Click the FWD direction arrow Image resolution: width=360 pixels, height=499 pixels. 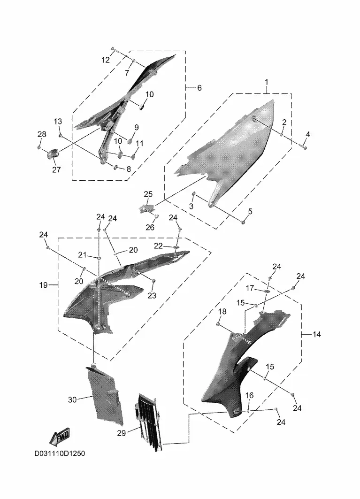60,436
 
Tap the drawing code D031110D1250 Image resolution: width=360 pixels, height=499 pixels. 60,453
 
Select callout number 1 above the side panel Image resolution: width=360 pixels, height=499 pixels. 267,82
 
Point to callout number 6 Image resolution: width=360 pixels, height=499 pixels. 199,87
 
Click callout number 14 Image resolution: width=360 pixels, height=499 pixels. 317,335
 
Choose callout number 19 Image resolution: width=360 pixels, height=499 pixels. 43,285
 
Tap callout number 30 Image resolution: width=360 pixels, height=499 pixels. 72,399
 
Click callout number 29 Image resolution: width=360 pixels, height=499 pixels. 122,433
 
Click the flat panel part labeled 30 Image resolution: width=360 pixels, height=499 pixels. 105,395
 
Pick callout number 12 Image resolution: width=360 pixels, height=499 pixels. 106,60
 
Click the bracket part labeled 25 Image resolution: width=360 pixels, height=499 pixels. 147,208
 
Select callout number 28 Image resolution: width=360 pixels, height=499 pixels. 42,134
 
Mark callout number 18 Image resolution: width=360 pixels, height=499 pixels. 222,311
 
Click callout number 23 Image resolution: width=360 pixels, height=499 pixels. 152,295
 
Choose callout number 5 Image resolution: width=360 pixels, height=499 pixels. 250,211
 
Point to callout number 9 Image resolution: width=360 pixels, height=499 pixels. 137,127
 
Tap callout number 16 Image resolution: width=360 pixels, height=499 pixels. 250,395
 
